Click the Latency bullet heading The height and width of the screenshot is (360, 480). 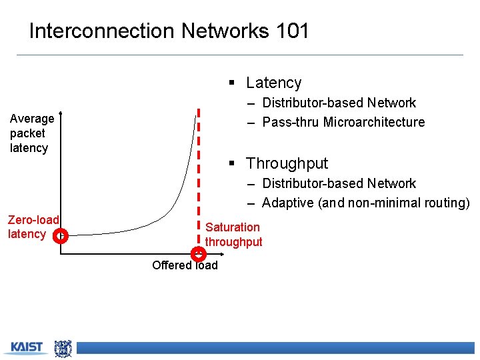(x=273, y=83)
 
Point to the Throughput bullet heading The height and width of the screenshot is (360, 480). (x=287, y=163)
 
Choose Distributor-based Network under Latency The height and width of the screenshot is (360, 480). (x=339, y=103)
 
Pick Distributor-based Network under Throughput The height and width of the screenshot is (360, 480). (x=339, y=183)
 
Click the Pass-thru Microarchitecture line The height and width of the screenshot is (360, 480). (x=343, y=122)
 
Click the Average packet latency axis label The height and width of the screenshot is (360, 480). (x=32, y=133)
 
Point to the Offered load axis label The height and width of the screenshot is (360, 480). (x=185, y=265)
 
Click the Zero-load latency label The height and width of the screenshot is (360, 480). (x=33, y=227)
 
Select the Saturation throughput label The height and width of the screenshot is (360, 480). (x=233, y=235)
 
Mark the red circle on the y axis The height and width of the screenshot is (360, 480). (x=61, y=235)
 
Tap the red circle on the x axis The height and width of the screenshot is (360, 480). (x=198, y=253)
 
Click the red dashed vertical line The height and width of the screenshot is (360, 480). (x=198, y=173)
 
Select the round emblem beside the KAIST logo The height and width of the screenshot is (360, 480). (x=63, y=348)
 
